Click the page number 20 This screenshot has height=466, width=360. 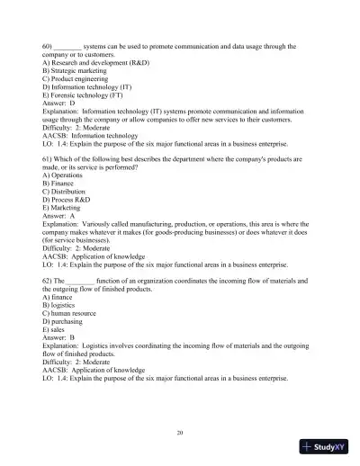click(180, 433)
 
